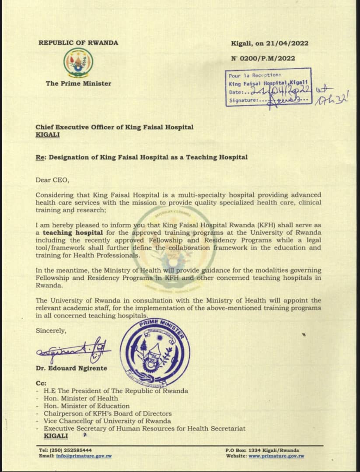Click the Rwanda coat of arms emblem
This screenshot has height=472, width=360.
(78, 62)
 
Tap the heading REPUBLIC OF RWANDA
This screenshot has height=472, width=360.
(78, 43)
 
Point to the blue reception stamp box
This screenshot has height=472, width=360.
(268, 87)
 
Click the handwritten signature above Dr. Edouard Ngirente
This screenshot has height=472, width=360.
(73, 348)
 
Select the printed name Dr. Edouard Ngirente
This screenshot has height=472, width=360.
(71, 368)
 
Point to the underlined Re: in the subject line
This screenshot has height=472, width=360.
(41, 157)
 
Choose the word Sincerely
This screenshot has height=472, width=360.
(51, 330)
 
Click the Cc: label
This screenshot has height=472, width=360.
(41, 382)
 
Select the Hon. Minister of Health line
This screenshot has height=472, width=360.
(81, 398)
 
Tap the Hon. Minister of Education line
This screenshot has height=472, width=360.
(87, 406)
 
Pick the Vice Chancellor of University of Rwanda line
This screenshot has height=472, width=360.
(108, 421)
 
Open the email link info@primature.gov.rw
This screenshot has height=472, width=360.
(84, 456)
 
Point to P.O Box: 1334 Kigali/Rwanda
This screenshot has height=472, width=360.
(262, 450)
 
